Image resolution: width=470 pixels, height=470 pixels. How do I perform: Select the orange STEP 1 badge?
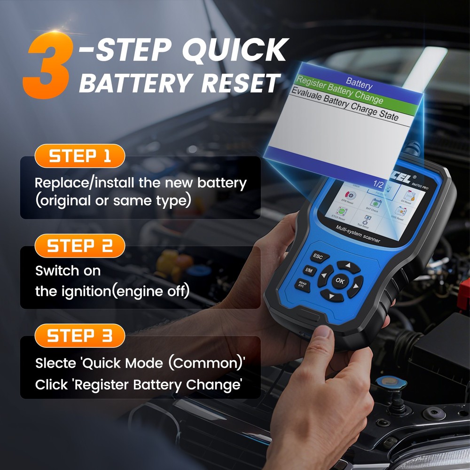[79, 156]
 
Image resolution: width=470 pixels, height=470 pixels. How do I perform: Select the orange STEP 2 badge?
[79, 246]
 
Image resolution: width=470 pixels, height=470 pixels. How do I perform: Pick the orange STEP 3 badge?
[79, 336]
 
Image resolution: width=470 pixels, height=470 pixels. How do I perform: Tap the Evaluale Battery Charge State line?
[343, 105]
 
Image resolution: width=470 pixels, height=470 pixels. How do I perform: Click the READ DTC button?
[301, 284]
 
